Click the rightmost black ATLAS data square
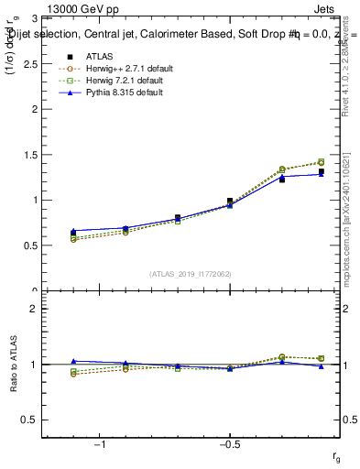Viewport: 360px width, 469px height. pos(321,171)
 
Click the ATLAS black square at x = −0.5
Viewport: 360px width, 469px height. pos(230,201)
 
